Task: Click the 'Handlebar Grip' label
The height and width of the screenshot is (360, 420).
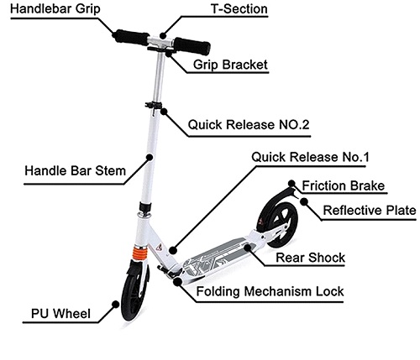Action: point(55,8)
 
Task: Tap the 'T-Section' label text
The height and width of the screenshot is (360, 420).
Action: point(239,8)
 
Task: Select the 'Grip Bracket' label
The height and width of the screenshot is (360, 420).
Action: point(230,65)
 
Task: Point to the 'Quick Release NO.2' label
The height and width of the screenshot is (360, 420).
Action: point(249,124)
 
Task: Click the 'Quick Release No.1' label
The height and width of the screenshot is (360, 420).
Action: point(310,157)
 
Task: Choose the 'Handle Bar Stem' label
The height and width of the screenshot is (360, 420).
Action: point(75,170)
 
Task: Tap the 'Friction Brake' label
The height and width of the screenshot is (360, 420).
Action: point(344,185)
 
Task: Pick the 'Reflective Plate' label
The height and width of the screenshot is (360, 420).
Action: point(370,210)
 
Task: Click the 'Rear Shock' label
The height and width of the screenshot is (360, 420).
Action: point(310,258)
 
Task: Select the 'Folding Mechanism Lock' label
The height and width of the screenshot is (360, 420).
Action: point(270,291)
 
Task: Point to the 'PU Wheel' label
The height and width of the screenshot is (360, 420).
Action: point(60,313)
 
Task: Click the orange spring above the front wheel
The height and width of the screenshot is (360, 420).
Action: point(139,253)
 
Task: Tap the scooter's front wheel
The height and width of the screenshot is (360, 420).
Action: point(134,291)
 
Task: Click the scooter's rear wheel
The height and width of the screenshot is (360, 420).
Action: point(277,221)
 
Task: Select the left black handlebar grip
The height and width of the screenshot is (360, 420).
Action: point(131,37)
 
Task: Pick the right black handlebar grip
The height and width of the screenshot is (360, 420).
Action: point(192,46)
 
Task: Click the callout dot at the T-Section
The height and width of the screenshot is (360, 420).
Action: point(163,35)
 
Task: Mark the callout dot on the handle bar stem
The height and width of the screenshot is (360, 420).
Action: point(150,157)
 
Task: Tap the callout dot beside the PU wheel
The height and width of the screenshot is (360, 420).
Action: point(116,304)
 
